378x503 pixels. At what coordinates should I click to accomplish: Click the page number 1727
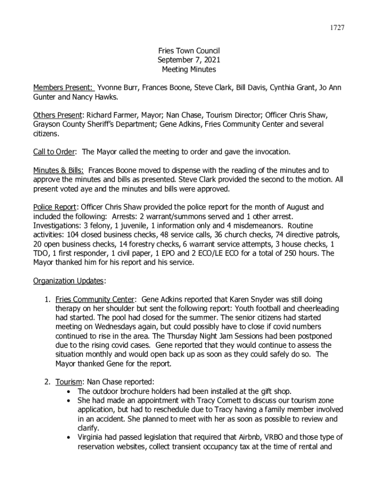click(336, 28)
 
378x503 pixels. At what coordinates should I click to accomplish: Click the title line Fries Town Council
click(189, 51)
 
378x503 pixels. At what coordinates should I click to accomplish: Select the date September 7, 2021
click(189, 60)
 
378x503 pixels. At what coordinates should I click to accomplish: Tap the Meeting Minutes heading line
click(189, 70)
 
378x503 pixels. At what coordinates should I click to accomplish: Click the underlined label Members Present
click(63, 88)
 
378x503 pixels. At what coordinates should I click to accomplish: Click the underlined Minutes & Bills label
click(58, 170)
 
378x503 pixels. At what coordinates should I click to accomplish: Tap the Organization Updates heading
click(69, 281)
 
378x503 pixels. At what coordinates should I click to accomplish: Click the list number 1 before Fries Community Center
click(47, 299)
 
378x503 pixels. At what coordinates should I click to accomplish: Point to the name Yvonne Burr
click(118, 88)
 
